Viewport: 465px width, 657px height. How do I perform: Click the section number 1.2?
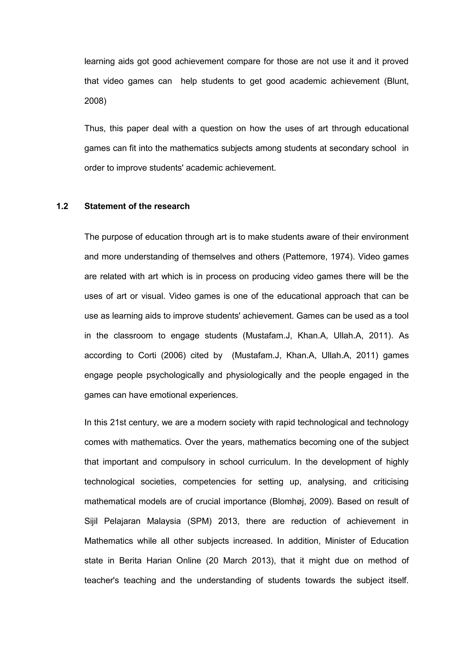(62, 206)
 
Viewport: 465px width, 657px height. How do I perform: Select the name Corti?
(147, 355)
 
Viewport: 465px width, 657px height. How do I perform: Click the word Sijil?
(91, 521)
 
